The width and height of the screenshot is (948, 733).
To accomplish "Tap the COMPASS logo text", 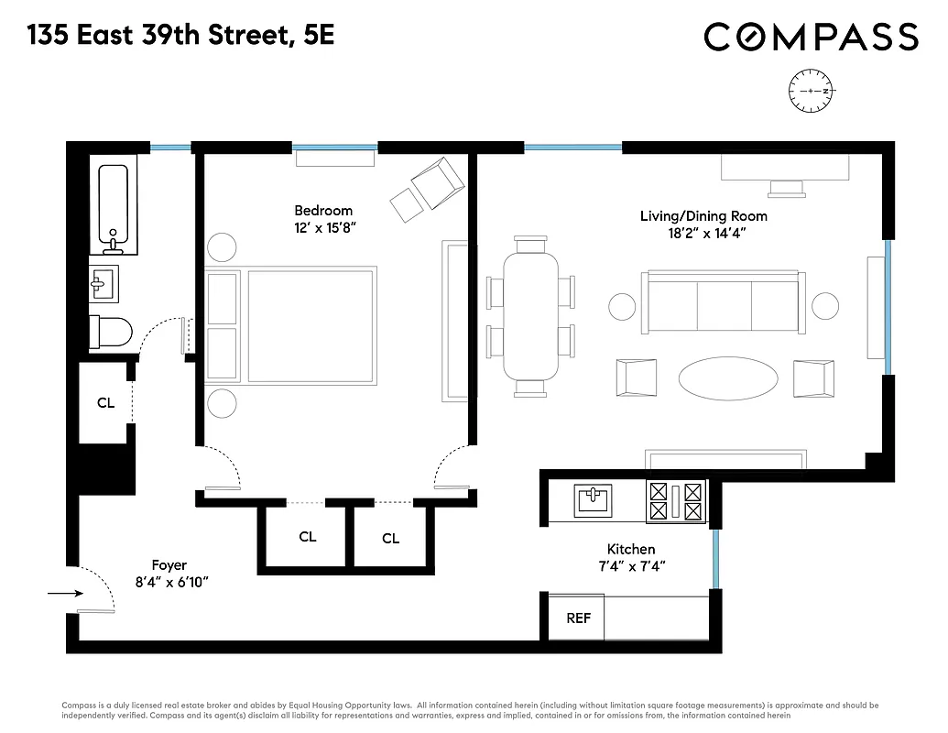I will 811,37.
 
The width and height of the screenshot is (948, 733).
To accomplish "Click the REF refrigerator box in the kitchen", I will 578,618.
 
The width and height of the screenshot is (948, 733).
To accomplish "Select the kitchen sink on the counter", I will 593,501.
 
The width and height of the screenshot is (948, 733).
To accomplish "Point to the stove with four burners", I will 676,502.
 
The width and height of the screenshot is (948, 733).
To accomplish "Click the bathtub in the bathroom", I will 114,209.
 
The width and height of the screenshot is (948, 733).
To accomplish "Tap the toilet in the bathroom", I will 110,332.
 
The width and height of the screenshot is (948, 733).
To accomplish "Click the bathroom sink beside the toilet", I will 104,283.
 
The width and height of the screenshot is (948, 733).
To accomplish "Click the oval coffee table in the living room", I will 728,377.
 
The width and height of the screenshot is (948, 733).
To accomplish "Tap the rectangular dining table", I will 531,316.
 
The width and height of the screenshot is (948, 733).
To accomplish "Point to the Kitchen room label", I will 632,549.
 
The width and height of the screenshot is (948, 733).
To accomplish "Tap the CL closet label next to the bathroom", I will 106,402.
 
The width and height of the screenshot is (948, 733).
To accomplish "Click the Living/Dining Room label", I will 703,216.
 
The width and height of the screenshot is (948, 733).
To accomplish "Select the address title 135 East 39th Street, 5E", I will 180,37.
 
